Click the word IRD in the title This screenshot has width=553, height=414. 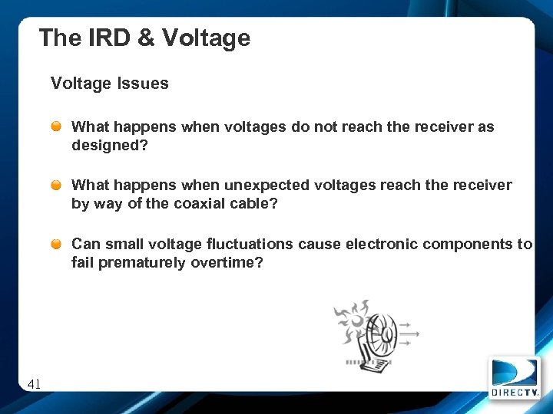click(x=110, y=38)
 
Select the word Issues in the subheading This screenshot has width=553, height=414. click(x=143, y=84)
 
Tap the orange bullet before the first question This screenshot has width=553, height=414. click(x=58, y=126)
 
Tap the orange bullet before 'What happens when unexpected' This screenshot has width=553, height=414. click(x=58, y=185)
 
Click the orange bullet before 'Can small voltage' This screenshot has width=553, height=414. click(x=58, y=244)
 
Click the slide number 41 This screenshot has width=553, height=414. click(x=34, y=384)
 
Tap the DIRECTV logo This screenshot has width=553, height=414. click(x=514, y=377)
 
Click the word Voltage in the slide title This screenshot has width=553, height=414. click(x=207, y=38)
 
